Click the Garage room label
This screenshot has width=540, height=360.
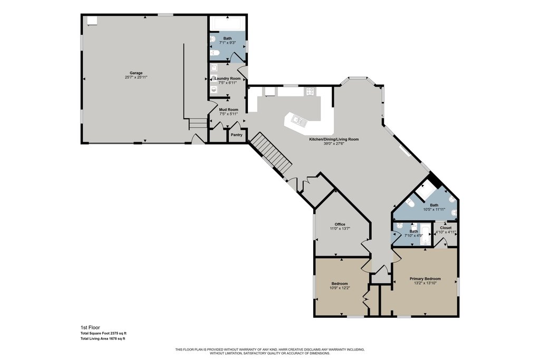pos(136,73)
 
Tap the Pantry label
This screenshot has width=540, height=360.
pos(237,135)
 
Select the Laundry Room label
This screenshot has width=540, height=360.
pos(228,79)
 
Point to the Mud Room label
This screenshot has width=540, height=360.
pos(229,110)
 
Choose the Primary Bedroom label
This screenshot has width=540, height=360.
pos(425,279)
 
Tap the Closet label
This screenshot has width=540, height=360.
pos(446,228)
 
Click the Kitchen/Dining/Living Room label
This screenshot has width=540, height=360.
pos(334,139)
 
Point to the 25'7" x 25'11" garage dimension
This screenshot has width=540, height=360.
pos(136,77)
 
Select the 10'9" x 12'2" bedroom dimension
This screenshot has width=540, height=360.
pos(340,288)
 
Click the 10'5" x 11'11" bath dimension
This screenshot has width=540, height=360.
pos(435,209)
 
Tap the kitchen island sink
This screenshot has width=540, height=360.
pos(298,121)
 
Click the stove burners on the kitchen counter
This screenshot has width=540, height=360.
pos(310,92)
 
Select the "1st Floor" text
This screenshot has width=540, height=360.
pos(90,328)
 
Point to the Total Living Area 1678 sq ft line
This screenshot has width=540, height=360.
pos(103,339)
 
